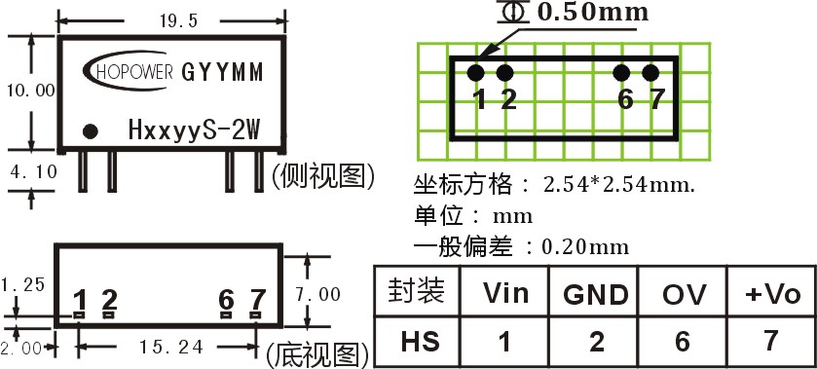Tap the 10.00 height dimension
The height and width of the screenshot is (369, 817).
[31, 91]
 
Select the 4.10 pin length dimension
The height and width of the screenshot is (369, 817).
[33, 171]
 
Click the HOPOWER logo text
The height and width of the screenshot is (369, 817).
[134, 72]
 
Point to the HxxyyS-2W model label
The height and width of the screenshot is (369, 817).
[194, 130]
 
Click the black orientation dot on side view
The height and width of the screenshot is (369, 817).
[91, 131]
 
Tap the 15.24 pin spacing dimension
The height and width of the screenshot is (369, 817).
[171, 347]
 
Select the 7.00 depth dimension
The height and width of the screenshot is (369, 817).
[317, 294]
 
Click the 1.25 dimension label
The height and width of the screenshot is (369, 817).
[23, 284]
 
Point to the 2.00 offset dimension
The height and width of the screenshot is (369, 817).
[20, 349]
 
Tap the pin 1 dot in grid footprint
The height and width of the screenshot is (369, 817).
[476, 73]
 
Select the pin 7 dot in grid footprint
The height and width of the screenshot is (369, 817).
[650, 73]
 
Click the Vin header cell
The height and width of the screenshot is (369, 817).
[505, 293]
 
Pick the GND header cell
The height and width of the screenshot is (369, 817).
[596, 294]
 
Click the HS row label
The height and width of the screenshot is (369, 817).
[420, 341]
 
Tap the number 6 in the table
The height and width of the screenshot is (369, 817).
[682, 342]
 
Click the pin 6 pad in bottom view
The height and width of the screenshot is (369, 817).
[226, 314]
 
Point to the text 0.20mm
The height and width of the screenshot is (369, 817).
[585, 246]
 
